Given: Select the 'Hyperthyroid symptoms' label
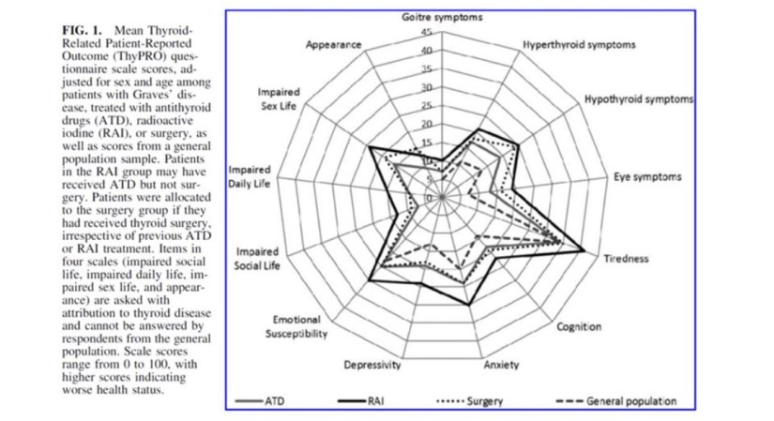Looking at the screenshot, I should tap(578, 45).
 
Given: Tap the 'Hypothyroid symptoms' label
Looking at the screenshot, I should tap(639, 98).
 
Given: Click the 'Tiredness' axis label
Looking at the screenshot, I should tap(625, 259).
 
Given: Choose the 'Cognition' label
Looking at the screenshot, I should tap(579, 327).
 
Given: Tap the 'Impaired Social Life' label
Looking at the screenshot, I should tap(258, 260).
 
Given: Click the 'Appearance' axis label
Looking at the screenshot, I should tap(335, 45).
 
